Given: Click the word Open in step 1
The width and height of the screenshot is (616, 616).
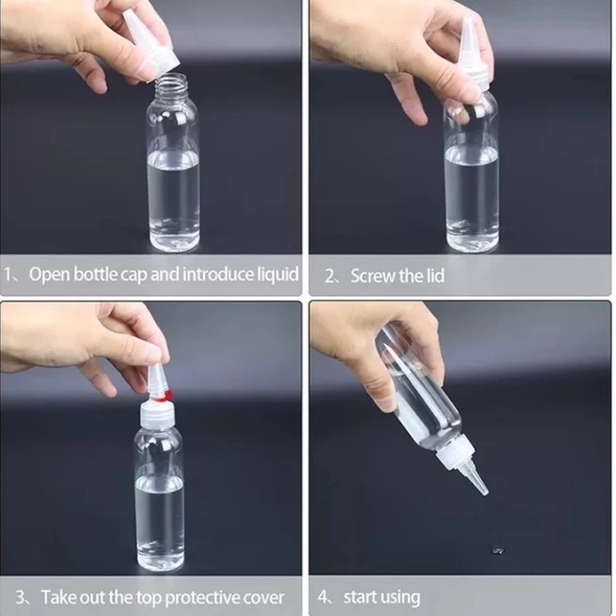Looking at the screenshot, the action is [49, 274].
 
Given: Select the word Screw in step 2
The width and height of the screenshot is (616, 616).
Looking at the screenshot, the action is [373, 276].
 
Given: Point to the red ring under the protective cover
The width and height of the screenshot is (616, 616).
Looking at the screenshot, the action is [164, 397].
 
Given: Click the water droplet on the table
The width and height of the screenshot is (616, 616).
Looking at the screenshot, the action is [497, 550].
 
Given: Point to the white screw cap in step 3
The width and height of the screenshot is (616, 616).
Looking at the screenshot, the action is [158, 413].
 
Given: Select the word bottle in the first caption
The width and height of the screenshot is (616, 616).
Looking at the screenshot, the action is [95, 274].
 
